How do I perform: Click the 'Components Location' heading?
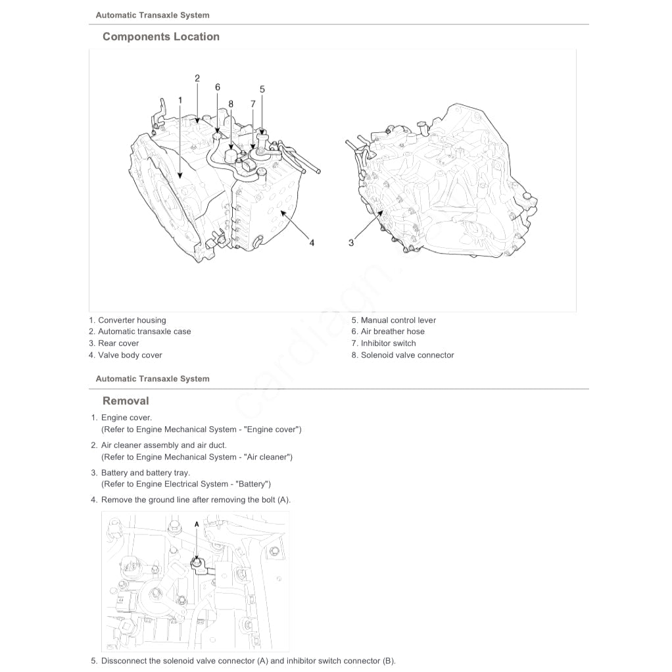click(160, 37)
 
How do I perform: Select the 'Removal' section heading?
click(126, 401)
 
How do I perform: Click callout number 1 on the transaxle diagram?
click(180, 100)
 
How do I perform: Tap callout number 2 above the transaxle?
click(197, 78)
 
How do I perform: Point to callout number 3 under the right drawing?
click(351, 243)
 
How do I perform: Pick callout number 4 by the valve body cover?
click(312, 243)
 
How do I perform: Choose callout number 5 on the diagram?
click(262, 89)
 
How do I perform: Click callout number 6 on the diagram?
click(217, 87)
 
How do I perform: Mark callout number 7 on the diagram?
click(252, 104)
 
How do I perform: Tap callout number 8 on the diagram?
click(231, 104)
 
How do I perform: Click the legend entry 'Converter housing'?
click(132, 320)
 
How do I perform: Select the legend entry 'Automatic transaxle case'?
click(144, 331)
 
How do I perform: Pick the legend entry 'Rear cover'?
click(118, 343)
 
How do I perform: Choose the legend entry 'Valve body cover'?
click(130, 355)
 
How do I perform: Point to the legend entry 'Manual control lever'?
click(398, 320)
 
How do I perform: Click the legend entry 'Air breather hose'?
click(393, 331)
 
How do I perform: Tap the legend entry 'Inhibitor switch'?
click(388, 343)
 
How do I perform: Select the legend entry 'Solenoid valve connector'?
click(407, 355)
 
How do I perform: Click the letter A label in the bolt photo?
click(197, 524)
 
